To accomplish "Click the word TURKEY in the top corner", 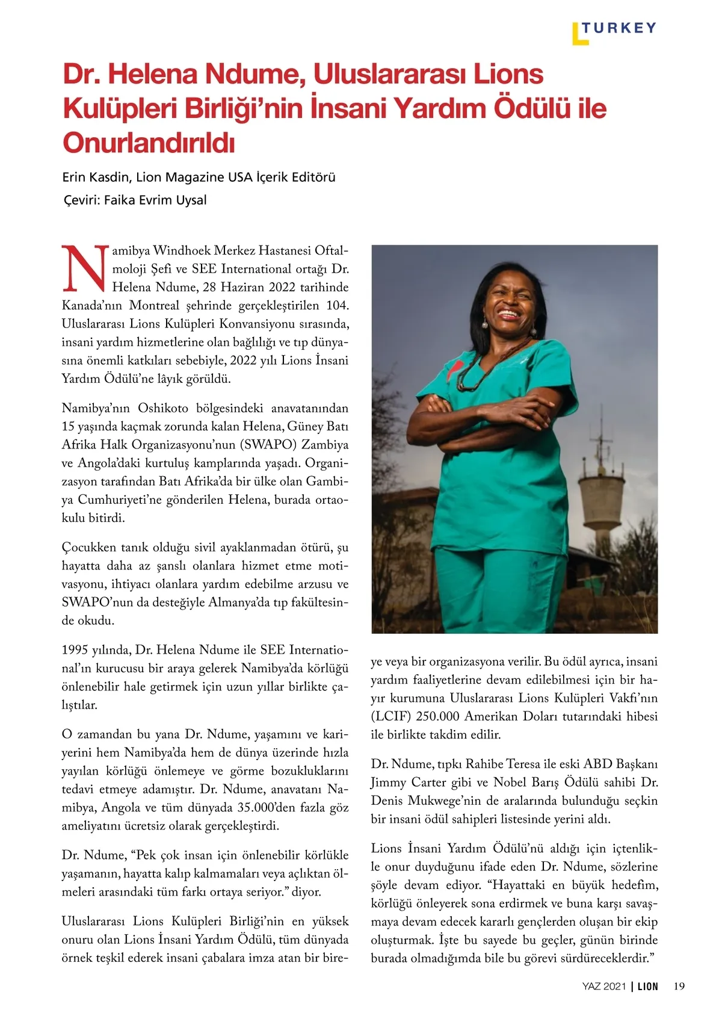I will click(x=619, y=28).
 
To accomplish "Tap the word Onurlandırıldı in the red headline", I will click(x=148, y=143).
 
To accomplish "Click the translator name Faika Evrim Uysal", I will click(x=155, y=200).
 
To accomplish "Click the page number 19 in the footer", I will click(x=679, y=986).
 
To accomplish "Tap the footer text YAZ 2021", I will click(x=604, y=986).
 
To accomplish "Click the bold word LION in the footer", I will click(x=648, y=986).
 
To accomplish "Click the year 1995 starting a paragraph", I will click(x=75, y=650).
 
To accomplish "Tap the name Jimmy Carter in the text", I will click(x=409, y=782).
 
